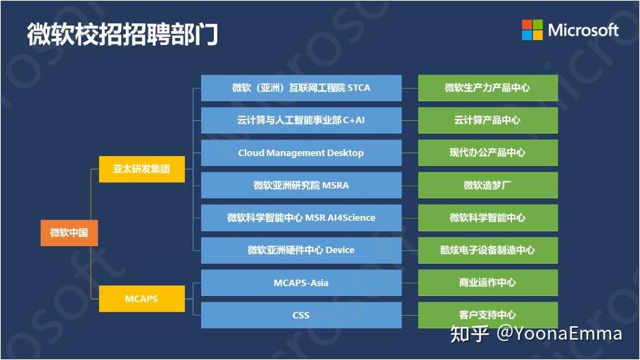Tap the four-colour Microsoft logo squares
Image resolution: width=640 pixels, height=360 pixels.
532,30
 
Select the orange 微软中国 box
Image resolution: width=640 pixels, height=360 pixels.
69,233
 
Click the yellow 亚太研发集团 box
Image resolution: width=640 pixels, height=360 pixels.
141,169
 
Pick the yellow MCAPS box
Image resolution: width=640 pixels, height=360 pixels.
141,299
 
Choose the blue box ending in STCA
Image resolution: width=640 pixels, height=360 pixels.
301,88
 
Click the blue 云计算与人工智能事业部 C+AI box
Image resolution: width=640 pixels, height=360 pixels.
301,120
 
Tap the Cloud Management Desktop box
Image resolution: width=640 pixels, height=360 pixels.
301,153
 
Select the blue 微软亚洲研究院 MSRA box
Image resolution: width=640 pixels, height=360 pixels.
301,185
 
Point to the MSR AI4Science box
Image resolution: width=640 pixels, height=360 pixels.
301,218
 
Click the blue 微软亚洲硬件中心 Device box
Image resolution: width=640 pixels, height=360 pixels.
301,250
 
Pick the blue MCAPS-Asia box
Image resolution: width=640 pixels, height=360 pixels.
301,283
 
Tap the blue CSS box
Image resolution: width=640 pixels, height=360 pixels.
301,315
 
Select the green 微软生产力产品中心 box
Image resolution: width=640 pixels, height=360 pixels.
487,88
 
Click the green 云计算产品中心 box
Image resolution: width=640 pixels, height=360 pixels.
487,120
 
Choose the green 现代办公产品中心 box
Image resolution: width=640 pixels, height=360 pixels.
487,153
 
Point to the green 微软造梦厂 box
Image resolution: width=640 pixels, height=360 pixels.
487,185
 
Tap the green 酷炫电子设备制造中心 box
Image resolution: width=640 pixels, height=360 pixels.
487,250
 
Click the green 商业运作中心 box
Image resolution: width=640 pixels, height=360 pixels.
487,283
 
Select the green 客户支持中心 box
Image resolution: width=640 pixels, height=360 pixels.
487,315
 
